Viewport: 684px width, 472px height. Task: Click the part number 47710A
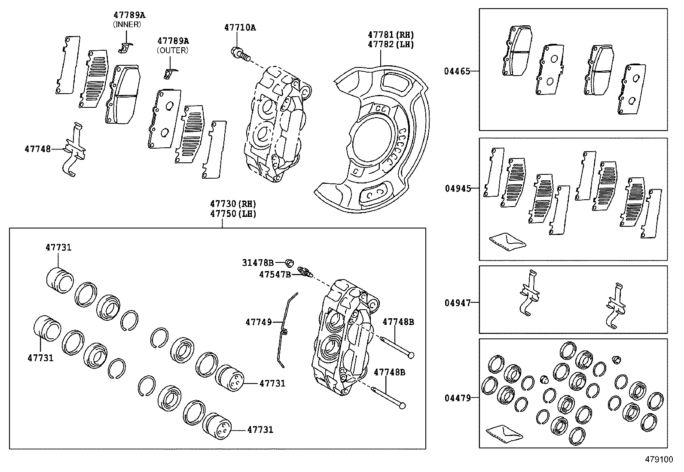pos(240,27)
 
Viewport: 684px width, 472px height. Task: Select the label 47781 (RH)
pos(391,35)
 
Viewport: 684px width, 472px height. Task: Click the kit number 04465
pos(457,71)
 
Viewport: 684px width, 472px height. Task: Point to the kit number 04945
pos(457,189)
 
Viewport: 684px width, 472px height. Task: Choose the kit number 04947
pos(457,303)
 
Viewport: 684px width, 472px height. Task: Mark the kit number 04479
pos(457,398)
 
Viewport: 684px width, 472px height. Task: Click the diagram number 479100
pos(659,460)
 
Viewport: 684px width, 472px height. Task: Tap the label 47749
pos(259,322)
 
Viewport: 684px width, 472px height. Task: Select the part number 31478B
pos(258,262)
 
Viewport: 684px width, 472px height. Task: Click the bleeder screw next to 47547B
pos(306,271)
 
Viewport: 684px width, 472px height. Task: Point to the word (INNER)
pos(127,24)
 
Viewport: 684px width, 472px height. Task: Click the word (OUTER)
pos(173,50)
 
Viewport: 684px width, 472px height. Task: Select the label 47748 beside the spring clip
pos(37,149)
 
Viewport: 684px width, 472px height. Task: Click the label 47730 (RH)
pos(233,204)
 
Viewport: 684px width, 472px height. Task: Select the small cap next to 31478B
pos(289,262)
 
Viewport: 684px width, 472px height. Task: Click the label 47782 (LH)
pos(391,44)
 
